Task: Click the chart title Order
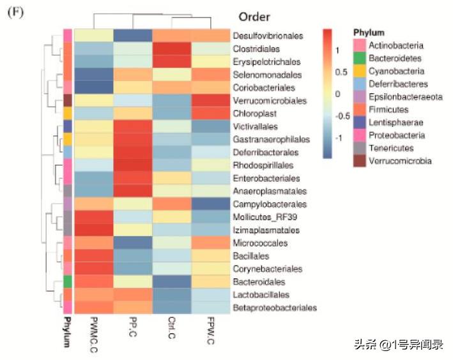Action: pyautogui.click(x=254, y=17)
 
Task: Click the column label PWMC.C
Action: pyautogui.click(x=93, y=332)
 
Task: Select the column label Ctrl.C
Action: pyautogui.click(x=173, y=329)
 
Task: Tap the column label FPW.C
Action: pyautogui.click(x=211, y=329)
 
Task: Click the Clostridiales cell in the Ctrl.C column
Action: pyautogui.click(x=172, y=49)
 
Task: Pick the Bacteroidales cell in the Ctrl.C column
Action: pyautogui.click(x=172, y=281)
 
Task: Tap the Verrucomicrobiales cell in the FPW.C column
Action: pyautogui.click(x=211, y=101)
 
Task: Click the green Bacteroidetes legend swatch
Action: pyautogui.click(x=360, y=59)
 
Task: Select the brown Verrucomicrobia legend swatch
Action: pyautogui.click(x=360, y=161)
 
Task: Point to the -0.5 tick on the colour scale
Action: pyautogui.click(x=342, y=116)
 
